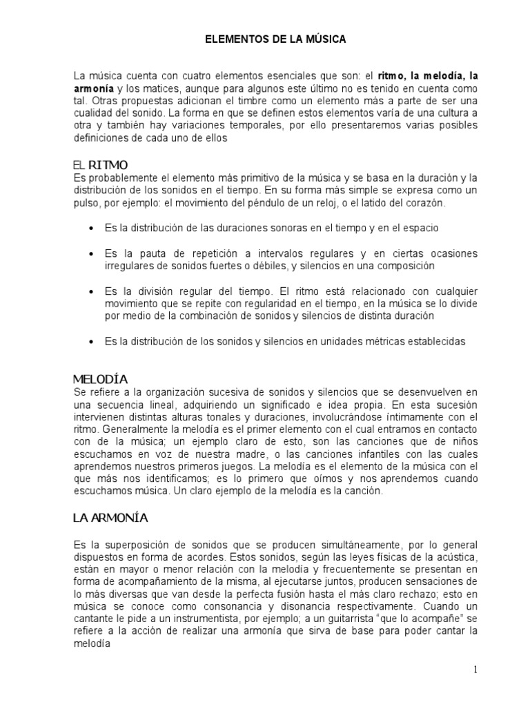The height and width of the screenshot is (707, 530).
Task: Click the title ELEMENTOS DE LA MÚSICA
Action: (x=275, y=41)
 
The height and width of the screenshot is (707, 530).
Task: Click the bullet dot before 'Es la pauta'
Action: (x=92, y=253)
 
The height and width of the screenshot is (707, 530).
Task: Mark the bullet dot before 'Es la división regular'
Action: (x=92, y=291)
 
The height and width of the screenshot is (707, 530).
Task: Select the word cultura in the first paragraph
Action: (x=429, y=113)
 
